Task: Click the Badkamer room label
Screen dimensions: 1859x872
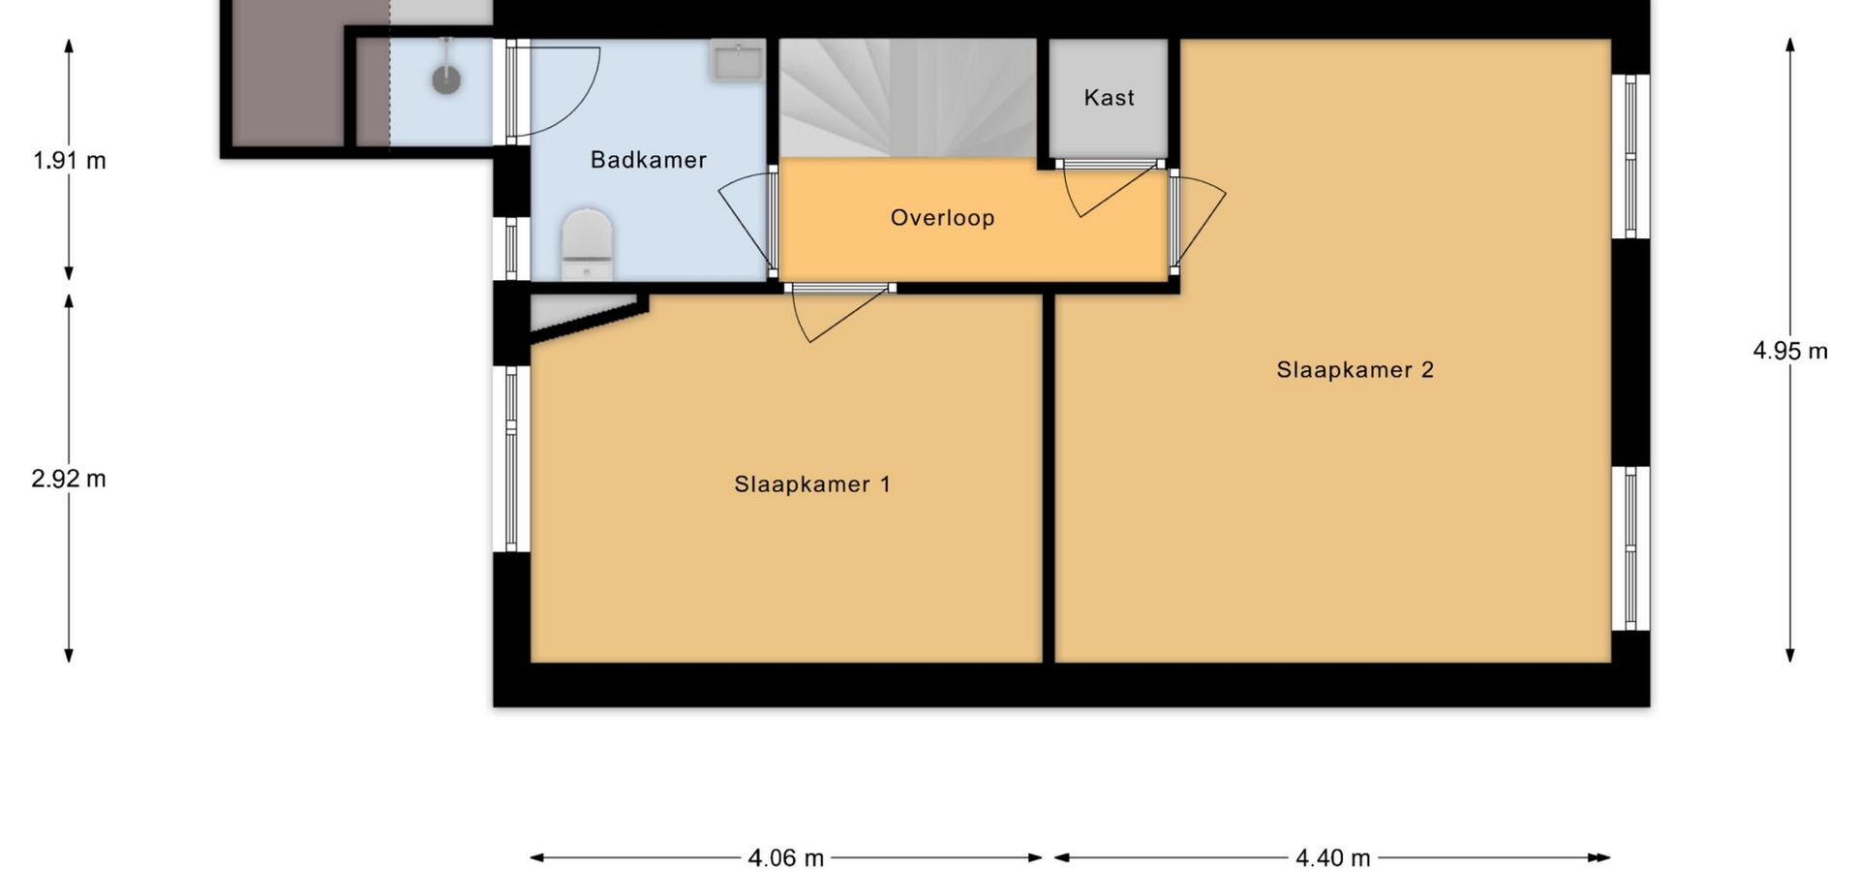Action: [x=649, y=160]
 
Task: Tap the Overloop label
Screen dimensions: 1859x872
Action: [x=942, y=218]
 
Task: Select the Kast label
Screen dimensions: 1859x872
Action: [x=1109, y=98]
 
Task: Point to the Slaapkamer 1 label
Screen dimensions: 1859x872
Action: [x=811, y=484]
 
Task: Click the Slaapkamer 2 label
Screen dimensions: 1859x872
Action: [x=1355, y=370]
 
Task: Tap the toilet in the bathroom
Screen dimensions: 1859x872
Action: [x=587, y=245]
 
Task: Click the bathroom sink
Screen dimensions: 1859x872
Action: [x=739, y=59]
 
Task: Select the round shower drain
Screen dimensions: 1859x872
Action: [x=446, y=79]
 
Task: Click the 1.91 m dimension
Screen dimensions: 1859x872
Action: [x=69, y=160]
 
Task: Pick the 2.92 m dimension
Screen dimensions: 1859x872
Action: [x=69, y=479]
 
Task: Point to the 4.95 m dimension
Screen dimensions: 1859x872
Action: [x=1790, y=351]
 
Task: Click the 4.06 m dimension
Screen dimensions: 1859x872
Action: [x=786, y=857]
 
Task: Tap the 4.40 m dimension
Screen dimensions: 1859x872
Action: [x=1332, y=857]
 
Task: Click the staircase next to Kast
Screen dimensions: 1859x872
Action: [x=908, y=98]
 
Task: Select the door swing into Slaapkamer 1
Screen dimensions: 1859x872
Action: [x=838, y=312]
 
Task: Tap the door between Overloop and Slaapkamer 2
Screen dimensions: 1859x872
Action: [x=1197, y=222]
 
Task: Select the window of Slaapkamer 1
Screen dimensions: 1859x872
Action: [x=511, y=459]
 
